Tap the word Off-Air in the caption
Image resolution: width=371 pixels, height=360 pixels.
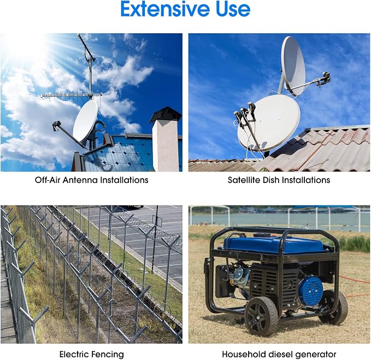[x=48, y=180]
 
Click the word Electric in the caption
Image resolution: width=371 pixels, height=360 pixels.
[x=74, y=355]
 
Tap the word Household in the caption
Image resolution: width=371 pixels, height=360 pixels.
[x=241, y=355]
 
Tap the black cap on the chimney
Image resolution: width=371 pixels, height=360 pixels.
[x=166, y=114]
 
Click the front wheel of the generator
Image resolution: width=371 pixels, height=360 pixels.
[x=261, y=316]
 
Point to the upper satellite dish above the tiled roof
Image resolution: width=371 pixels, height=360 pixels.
[x=293, y=66]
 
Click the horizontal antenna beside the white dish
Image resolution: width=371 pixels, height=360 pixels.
[x=71, y=96]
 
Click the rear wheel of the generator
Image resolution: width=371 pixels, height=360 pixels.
[x=334, y=308]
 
